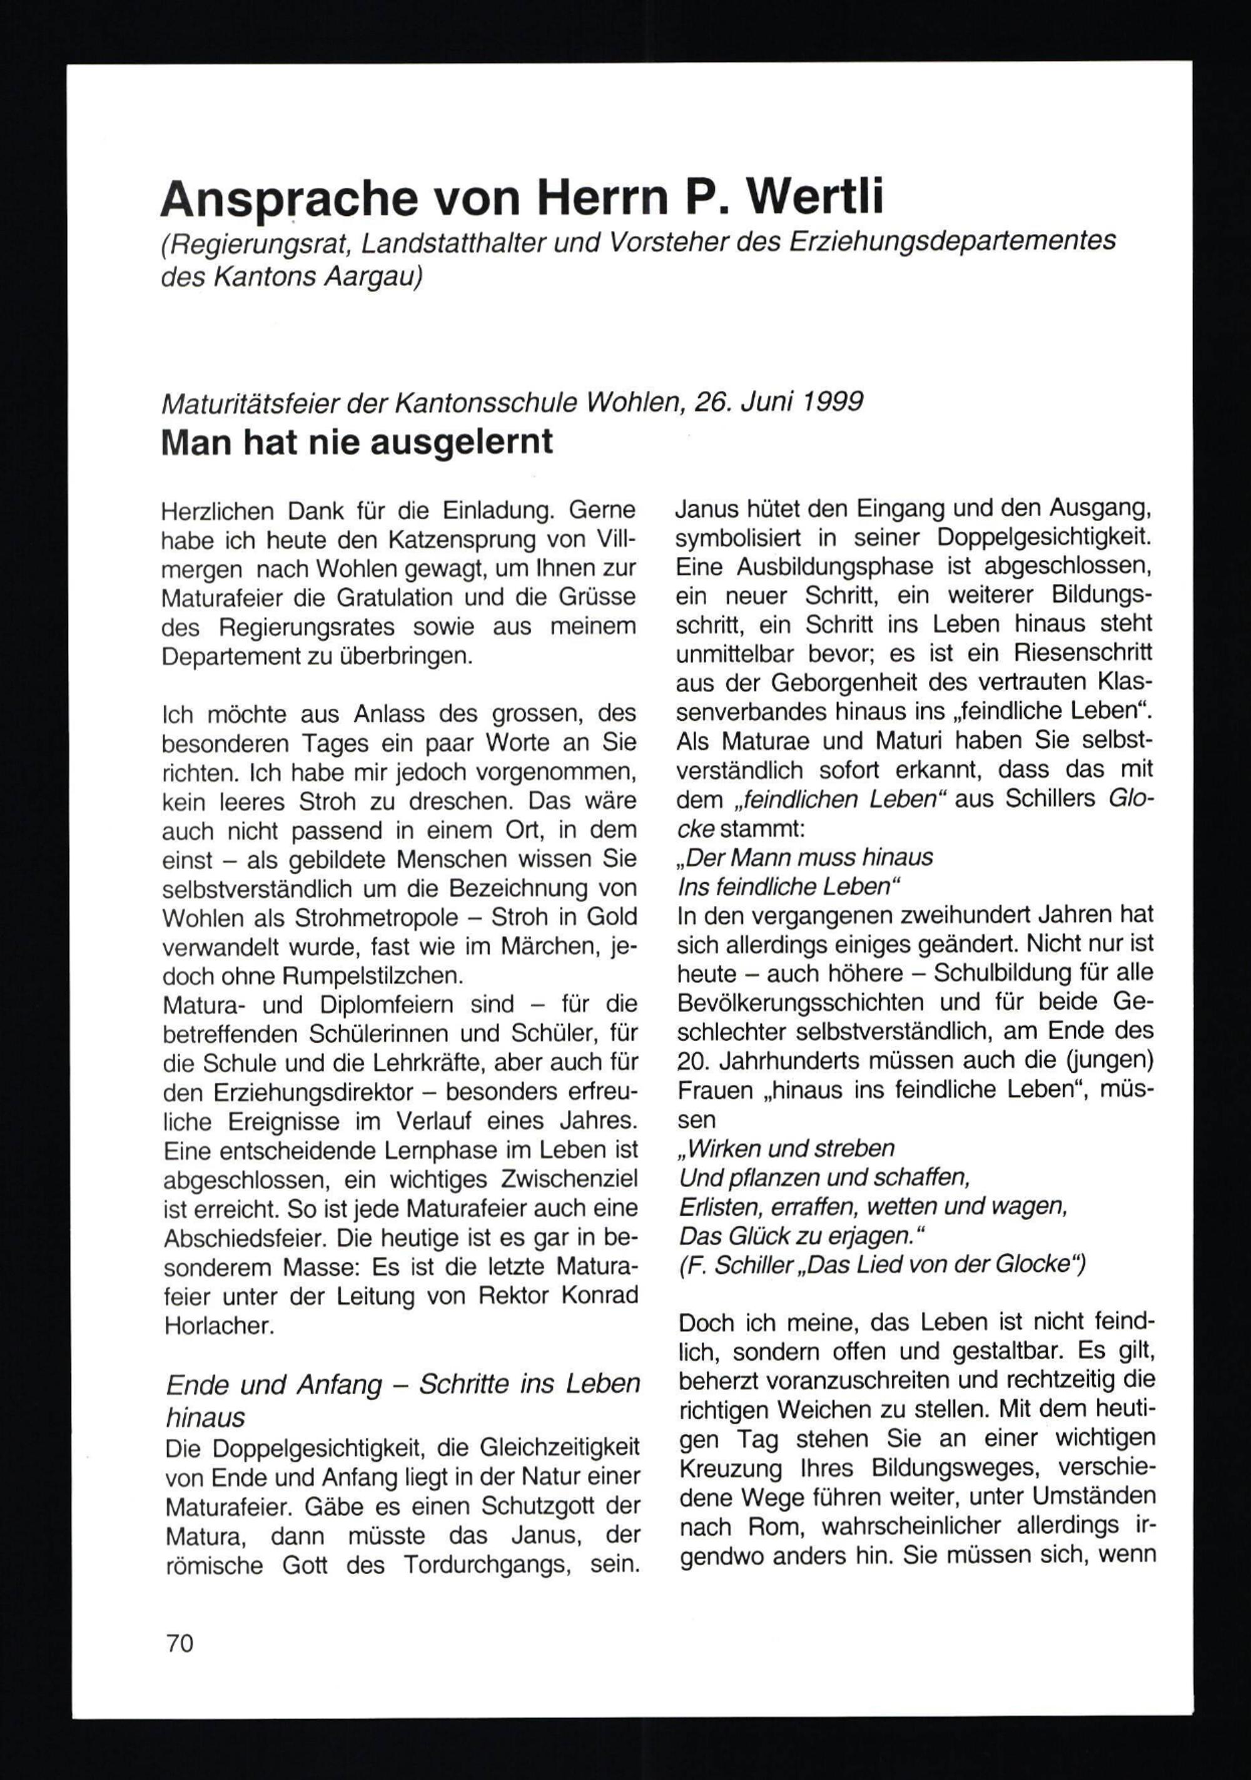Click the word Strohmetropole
(377, 918)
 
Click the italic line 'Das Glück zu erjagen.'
(794, 1235)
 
